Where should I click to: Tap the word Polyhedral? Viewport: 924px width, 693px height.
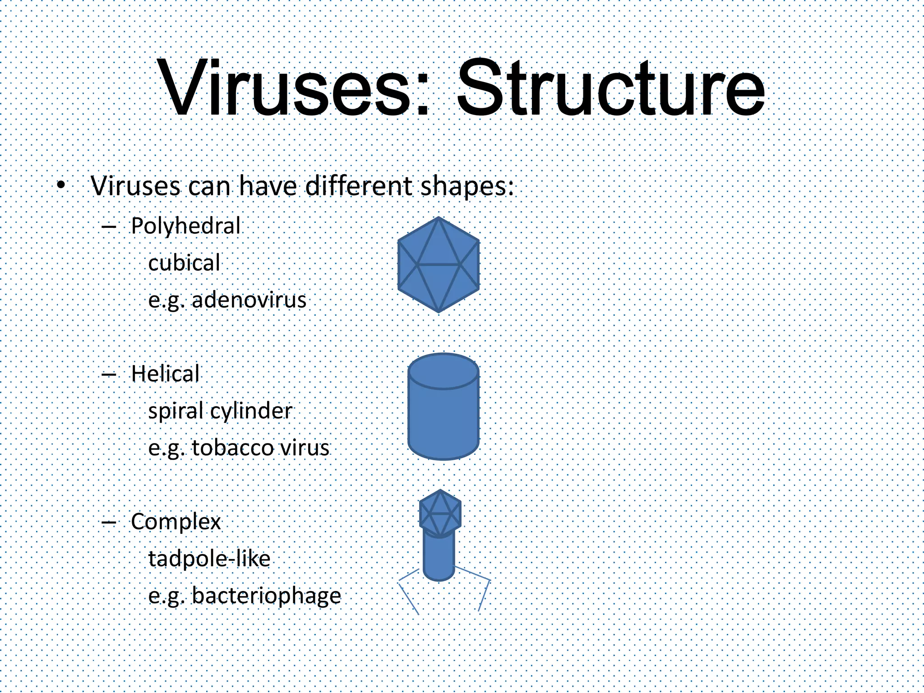[185, 226]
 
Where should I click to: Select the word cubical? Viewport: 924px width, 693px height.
[184, 263]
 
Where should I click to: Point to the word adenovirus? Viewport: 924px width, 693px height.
[249, 300]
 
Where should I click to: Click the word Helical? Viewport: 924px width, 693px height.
[165, 374]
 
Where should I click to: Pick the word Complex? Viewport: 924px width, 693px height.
[176, 522]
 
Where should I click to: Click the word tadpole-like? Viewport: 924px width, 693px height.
[209, 559]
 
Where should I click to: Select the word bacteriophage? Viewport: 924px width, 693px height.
[267, 596]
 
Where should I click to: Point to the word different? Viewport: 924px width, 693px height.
[359, 185]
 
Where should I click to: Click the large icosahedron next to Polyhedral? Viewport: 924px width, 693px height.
[439, 265]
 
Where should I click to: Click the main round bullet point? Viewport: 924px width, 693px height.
[62, 185]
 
